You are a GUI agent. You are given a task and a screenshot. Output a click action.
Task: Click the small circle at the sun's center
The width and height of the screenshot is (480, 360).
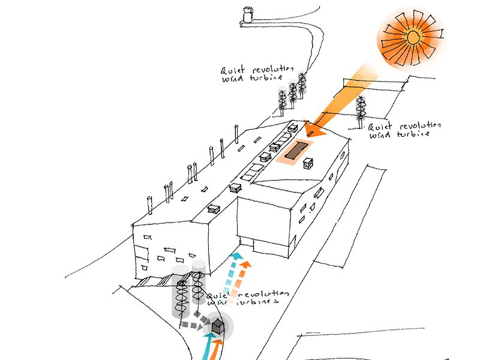click(x=412, y=38)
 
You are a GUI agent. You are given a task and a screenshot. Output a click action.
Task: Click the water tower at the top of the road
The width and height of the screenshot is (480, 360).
click(x=246, y=15)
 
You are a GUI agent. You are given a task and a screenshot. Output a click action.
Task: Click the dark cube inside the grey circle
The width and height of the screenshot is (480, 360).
click(x=219, y=327)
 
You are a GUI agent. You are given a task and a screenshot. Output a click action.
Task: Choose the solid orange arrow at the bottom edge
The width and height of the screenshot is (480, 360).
click(x=217, y=349)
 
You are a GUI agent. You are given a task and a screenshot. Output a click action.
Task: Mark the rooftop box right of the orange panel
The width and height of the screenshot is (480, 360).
click(x=308, y=163)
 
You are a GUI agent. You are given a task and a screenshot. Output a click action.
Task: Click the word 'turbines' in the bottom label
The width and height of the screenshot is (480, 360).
click(x=257, y=304)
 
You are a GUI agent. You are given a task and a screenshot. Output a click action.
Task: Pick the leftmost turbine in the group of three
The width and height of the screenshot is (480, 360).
click(x=281, y=101)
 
